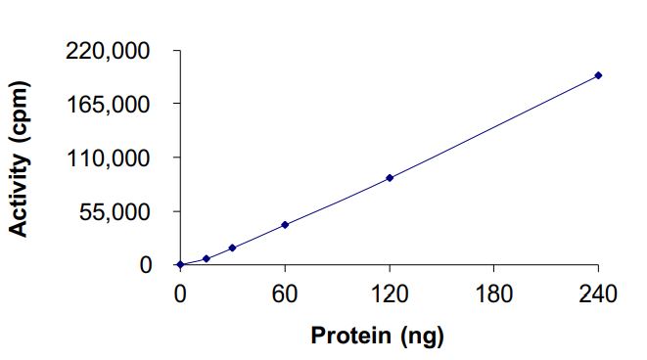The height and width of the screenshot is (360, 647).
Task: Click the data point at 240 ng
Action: point(598,75)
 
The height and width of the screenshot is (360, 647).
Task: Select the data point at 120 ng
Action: point(390,177)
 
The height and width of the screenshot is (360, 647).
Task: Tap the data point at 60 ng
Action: point(285,225)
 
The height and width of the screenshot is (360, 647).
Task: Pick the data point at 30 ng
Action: point(232,247)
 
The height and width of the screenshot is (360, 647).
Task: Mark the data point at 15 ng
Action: point(206,258)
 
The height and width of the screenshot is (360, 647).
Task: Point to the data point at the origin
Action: point(180,264)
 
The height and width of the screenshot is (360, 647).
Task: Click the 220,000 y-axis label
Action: point(109,50)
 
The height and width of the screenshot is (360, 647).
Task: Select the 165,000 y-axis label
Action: point(109,104)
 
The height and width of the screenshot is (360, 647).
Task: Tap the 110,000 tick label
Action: point(109,157)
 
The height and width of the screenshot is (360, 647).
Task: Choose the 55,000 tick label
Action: point(115,211)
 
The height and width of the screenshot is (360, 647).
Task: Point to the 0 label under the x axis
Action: point(180,294)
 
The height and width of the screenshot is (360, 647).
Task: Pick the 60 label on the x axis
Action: point(285,294)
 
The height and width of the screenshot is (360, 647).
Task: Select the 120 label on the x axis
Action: point(390,294)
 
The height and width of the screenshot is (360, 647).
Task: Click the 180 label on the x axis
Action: point(493,294)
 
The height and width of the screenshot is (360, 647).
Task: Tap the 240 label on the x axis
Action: point(598,294)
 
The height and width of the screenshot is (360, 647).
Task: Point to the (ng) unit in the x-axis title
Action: point(423,337)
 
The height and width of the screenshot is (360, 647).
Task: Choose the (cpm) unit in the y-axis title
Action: point(20,113)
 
